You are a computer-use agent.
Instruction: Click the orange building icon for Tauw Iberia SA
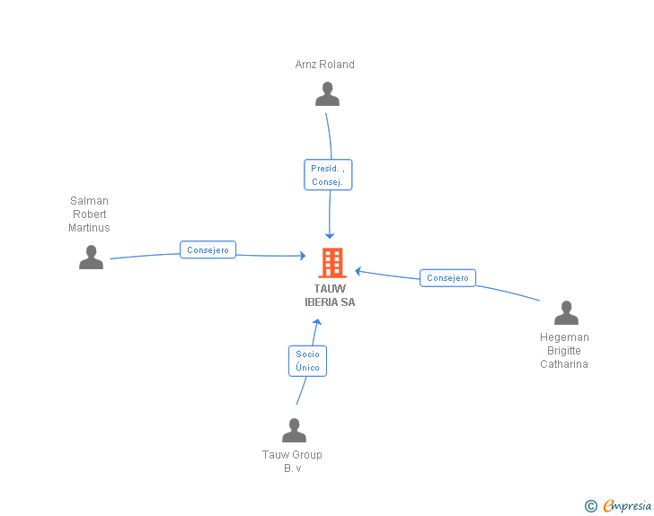[332, 263]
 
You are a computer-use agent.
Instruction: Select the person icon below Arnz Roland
[328, 94]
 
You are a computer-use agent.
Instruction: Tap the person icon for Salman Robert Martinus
[91, 258]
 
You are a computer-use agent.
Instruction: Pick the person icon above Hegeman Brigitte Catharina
[566, 313]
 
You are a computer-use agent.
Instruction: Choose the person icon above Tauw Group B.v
[294, 431]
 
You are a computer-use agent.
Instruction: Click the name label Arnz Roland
[324, 65]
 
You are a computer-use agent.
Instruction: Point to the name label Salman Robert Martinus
[89, 214]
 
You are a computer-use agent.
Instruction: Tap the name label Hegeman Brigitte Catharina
[564, 351]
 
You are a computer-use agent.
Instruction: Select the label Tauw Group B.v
[292, 461]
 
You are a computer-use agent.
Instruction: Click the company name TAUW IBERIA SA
[330, 295]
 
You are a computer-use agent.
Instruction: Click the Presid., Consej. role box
[328, 175]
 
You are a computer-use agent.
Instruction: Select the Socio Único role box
[307, 361]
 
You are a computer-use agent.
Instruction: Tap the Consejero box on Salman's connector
[208, 250]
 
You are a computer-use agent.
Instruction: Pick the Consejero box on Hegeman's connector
[447, 278]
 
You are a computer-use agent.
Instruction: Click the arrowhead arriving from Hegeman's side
[358, 270]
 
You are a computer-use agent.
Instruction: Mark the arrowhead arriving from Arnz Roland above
[330, 235]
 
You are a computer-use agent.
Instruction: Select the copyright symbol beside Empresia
[590, 506]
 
